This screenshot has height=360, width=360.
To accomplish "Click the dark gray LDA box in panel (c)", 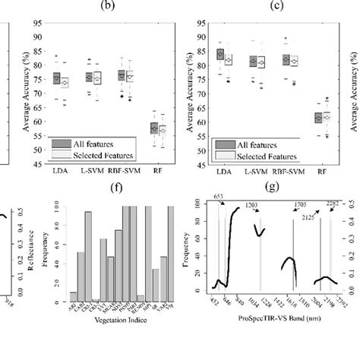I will click(219, 54).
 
